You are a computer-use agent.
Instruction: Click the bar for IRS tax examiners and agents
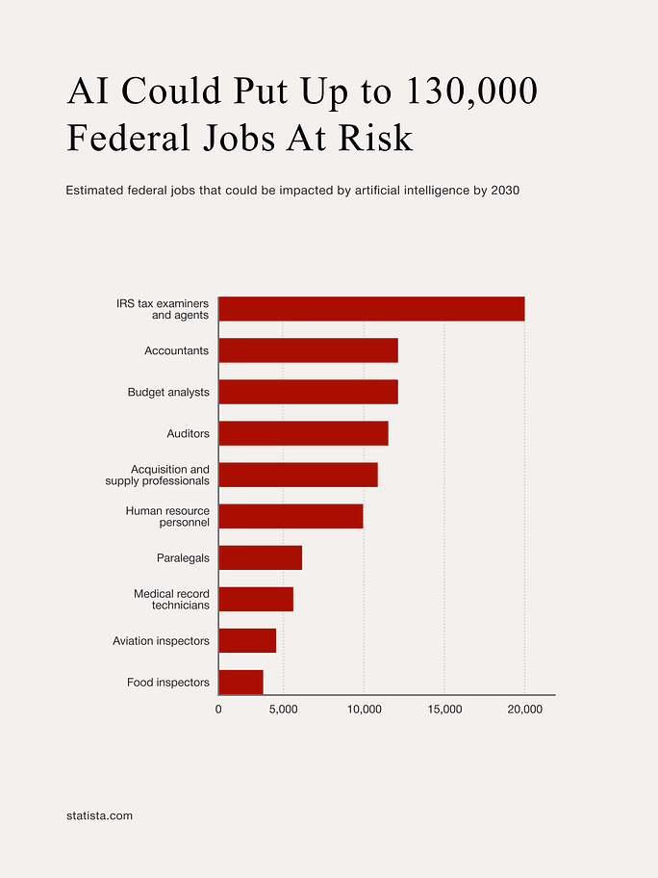[x=371, y=309]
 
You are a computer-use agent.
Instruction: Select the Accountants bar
[x=308, y=350]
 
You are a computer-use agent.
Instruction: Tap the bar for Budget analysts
[x=308, y=392]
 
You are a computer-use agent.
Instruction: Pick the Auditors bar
[x=303, y=433]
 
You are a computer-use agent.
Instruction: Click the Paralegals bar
[x=260, y=557]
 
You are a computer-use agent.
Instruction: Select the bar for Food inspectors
[x=240, y=682]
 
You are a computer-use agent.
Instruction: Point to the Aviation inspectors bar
[x=247, y=640]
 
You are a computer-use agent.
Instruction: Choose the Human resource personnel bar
[x=291, y=516]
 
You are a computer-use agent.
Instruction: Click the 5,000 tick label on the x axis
[x=284, y=710]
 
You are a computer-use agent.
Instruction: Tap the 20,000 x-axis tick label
[x=524, y=710]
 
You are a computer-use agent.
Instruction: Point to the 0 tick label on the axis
[x=218, y=710]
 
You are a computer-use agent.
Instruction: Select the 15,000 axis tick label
[x=444, y=710]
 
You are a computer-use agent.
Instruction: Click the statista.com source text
[x=100, y=815]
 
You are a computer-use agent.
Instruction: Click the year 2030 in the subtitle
[x=505, y=191]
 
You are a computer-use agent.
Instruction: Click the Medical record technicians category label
[x=171, y=600]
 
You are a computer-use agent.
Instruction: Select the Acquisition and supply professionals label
[x=158, y=475]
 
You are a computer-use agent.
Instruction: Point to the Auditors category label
[x=188, y=434]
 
